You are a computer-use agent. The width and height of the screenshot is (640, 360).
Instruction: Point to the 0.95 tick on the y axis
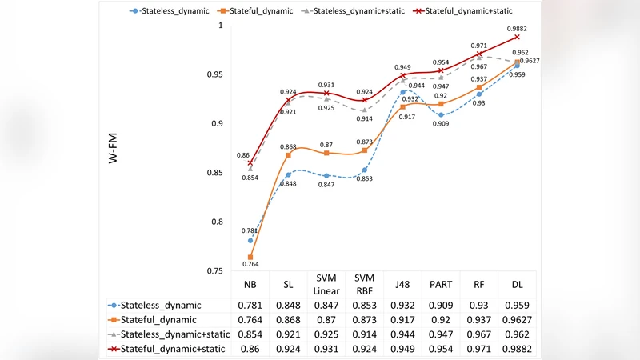point(215,75)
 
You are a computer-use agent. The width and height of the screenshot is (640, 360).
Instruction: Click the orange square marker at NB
point(250,258)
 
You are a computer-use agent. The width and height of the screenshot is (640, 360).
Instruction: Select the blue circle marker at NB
point(250,241)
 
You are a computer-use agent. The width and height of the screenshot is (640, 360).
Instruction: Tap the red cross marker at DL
point(518,37)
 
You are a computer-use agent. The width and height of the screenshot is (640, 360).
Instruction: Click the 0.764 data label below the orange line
point(250,265)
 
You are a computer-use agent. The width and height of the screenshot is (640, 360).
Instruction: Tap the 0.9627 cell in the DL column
point(518,319)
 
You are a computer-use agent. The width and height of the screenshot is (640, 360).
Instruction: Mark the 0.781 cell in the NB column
point(250,305)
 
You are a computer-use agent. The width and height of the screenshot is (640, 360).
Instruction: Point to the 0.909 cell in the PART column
point(441,305)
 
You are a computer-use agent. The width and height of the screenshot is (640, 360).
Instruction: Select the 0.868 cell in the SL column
point(288,319)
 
